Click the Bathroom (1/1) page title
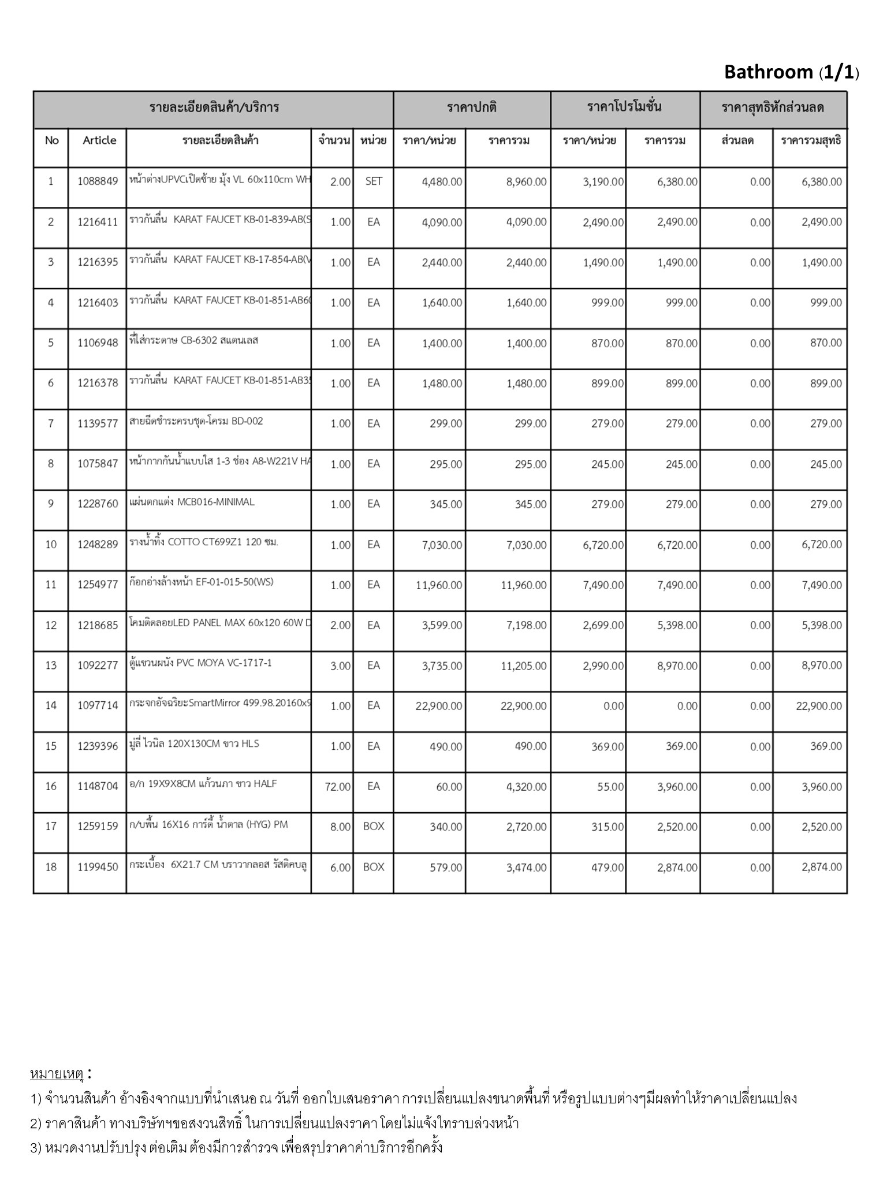(791, 72)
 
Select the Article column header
(99, 140)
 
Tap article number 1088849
(98, 181)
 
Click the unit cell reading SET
(374, 181)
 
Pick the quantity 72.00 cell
(337, 787)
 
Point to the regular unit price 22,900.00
(438, 706)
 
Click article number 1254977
(98, 585)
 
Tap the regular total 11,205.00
(523, 665)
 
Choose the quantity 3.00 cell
(340, 665)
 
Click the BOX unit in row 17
(374, 827)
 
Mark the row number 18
(51, 867)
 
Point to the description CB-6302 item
(194, 341)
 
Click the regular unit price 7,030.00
(438, 545)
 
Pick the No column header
(51, 140)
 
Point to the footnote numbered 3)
(237, 1147)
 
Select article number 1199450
(98, 867)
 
